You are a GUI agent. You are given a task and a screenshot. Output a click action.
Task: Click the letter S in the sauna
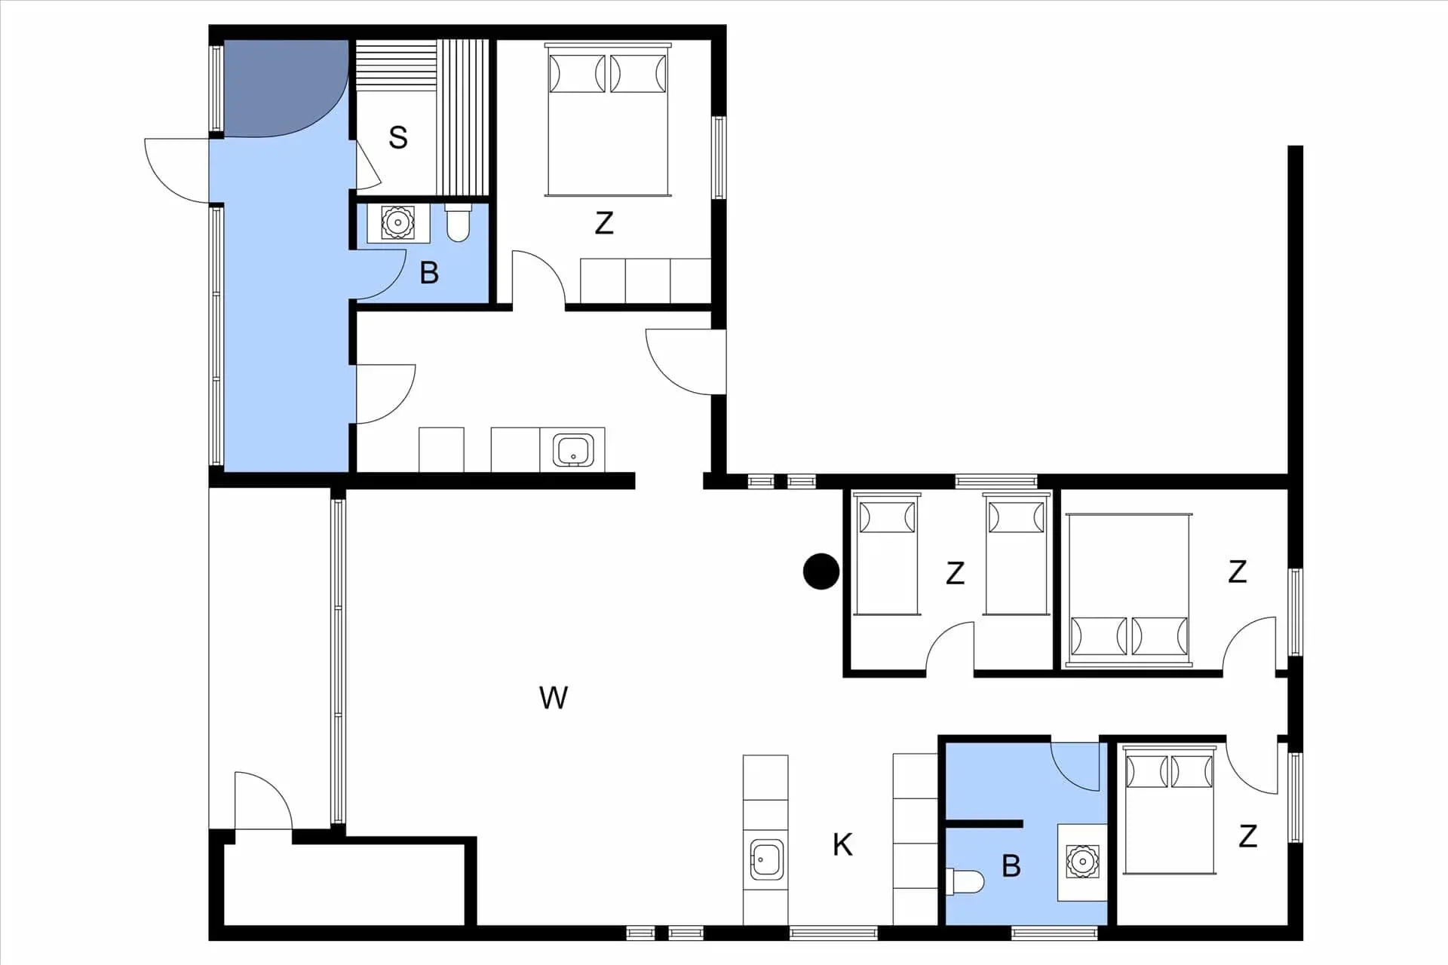(398, 137)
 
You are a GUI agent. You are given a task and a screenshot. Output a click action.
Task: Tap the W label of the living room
(554, 697)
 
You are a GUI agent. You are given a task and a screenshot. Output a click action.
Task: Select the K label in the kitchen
(842, 844)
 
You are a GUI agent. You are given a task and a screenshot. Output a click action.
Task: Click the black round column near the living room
(821, 571)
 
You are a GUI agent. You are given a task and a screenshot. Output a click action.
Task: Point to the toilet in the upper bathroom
(458, 222)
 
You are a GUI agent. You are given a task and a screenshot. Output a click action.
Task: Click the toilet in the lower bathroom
(965, 881)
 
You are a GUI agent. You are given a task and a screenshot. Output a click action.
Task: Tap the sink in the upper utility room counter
(573, 450)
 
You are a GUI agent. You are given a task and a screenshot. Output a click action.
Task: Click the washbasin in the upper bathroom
(397, 222)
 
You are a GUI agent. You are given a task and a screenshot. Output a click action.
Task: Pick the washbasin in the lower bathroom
(1083, 862)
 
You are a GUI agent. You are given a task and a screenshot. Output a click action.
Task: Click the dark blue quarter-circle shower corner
(286, 88)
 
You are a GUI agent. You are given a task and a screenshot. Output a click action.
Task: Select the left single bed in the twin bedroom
(887, 554)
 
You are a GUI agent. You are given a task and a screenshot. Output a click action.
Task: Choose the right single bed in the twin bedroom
(1016, 554)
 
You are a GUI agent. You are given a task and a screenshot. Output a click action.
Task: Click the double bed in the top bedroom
(608, 120)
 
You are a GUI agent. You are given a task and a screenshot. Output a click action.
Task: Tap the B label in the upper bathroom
(429, 272)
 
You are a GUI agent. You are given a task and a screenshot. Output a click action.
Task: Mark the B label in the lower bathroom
(1011, 866)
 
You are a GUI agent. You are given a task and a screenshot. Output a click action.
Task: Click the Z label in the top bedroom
(603, 223)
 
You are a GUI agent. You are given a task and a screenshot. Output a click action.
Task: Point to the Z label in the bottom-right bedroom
(1247, 836)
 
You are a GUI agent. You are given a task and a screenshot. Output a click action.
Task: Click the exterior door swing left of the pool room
(176, 170)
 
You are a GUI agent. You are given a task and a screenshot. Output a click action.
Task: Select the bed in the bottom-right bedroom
(1170, 810)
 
